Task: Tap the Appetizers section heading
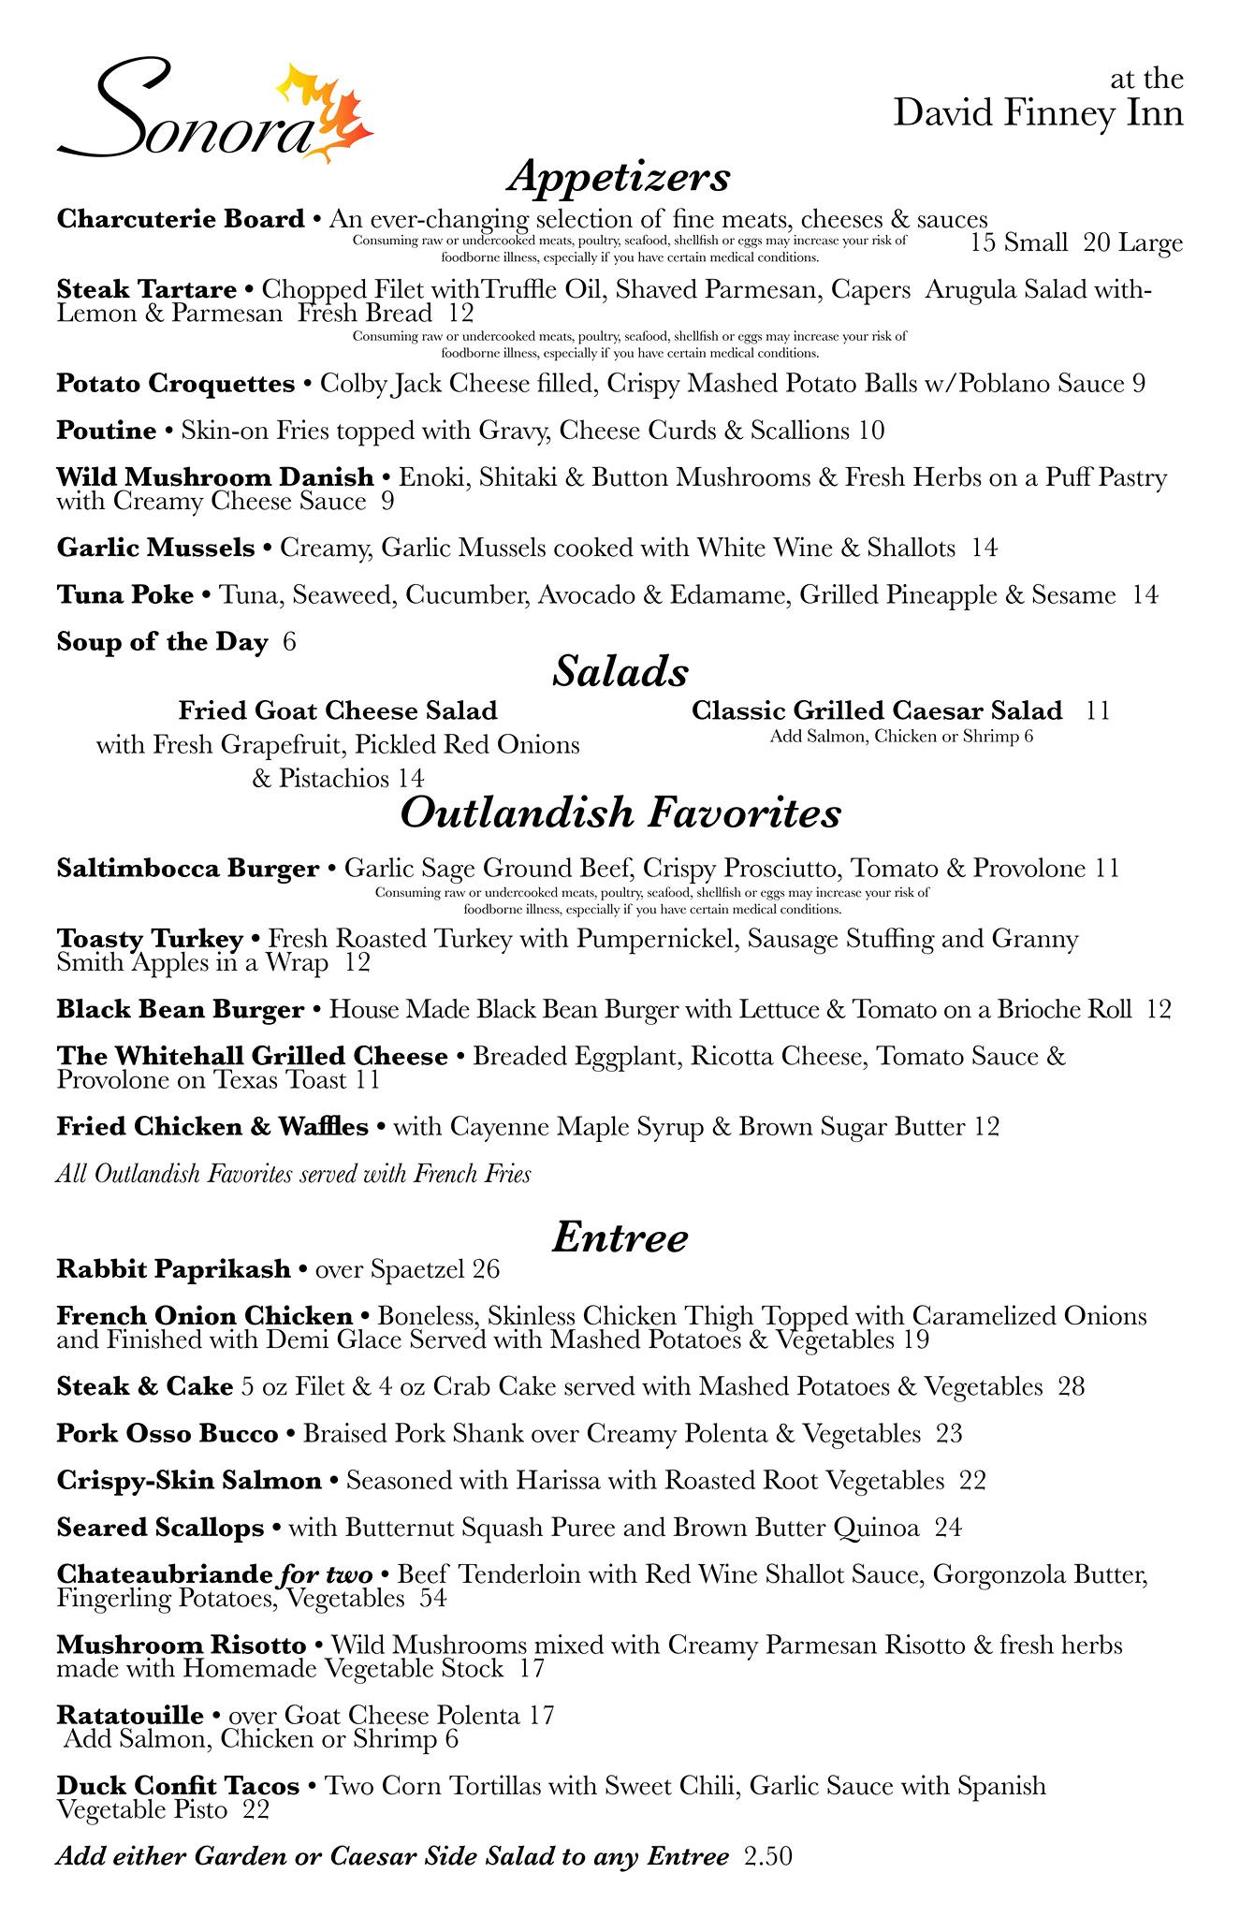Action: [x=619, y=176]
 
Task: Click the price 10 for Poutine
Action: [x=870, y=431]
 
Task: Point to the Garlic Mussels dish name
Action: [x=155, y=548]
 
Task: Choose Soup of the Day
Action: [x=162, y=642]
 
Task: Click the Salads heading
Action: [x=620, y=671]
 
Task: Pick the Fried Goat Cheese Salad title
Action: [x=338, y=710]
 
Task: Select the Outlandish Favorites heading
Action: [x=620, y=812]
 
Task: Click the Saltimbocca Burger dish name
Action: [x=187, y=869]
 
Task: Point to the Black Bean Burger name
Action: [x=180, y=1010]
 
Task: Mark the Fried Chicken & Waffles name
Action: [x=212, y=1127]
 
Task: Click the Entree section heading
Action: [x=620, y=1237]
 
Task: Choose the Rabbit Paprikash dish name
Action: [x=173, y=1270]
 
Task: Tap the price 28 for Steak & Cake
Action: [x=1072, y=1386]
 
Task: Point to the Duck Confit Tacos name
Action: [x=178, y=1787]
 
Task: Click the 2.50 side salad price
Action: [x=767, y=1856]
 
